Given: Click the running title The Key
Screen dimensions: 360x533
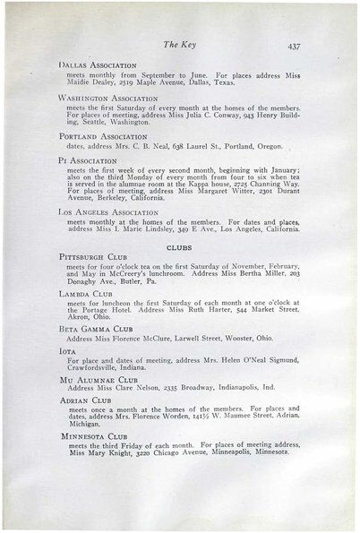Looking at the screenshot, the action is tap(180, 43).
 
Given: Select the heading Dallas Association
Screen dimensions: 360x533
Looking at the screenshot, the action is tap(98, 65).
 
